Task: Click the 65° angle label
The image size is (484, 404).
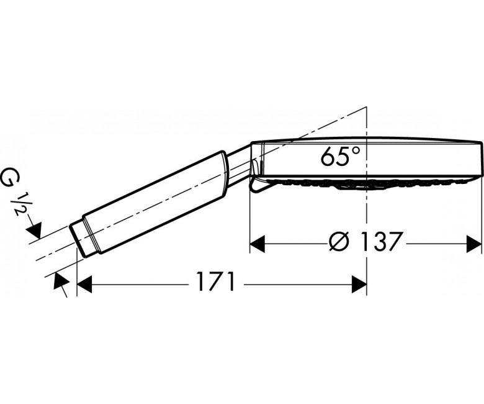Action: (x=340, y=157)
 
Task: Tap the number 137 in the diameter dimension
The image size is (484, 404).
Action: (x=382, y=241)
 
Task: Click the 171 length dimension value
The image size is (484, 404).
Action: (x=215, y=282)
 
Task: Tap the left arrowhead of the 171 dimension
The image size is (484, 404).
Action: (x=84, y=285)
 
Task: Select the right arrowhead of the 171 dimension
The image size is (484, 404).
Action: (x=359, y=285)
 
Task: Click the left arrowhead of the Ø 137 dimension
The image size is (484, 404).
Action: (x=258, y=244)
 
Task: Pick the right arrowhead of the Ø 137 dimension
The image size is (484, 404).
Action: (x=474, y=244)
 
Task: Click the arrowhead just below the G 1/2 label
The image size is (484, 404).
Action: (x=35, y=231)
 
